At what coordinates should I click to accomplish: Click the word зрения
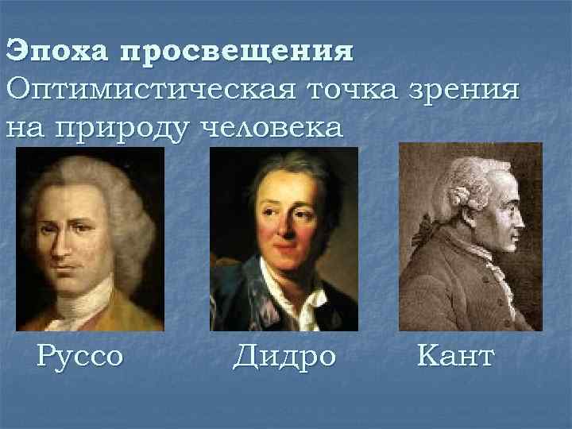470,89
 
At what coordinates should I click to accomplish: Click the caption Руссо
80,355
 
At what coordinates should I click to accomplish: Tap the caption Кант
454,355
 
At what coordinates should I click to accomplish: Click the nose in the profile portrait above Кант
522,215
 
